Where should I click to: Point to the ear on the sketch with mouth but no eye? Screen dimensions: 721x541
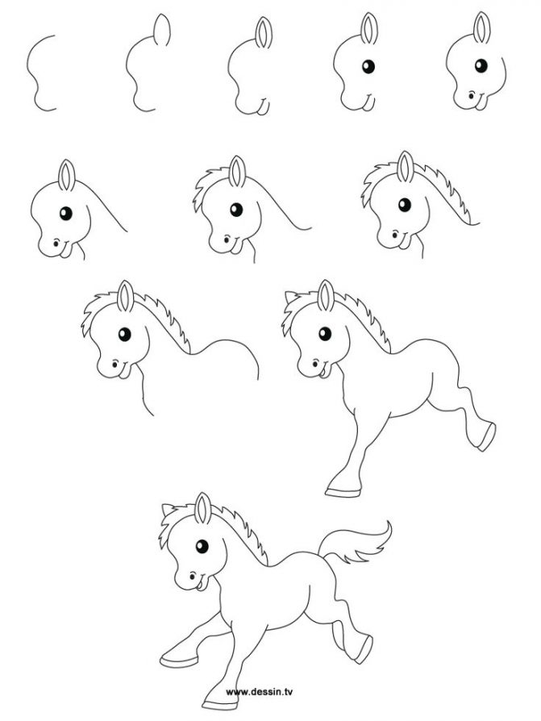coord(263,33)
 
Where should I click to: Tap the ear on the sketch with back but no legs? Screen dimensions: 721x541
coord(126,298)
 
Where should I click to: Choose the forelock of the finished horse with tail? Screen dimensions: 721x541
coord(172,524)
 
